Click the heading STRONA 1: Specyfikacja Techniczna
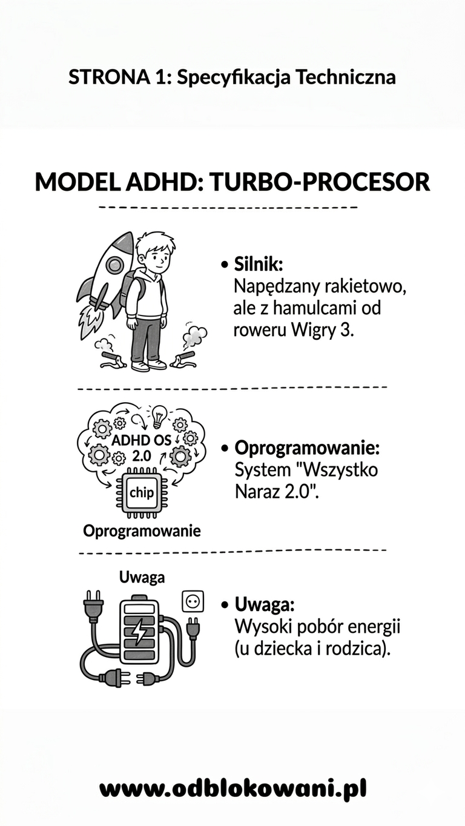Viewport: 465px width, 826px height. (232, 78)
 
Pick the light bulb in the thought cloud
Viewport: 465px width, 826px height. (159, 415)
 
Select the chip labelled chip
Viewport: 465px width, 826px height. (142, 492)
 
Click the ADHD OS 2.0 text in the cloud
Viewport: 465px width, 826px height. (142, 447)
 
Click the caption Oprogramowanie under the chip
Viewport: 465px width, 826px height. (142, 532)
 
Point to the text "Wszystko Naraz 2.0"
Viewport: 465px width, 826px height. (306, 480)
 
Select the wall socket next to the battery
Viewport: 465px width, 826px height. (193, 601)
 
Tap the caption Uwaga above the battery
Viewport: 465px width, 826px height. (142, 577)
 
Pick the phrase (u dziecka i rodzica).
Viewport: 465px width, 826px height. (312, 648)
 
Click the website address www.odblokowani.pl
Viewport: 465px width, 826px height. (233, 788)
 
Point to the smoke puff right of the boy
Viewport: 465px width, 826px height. (195, 334)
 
